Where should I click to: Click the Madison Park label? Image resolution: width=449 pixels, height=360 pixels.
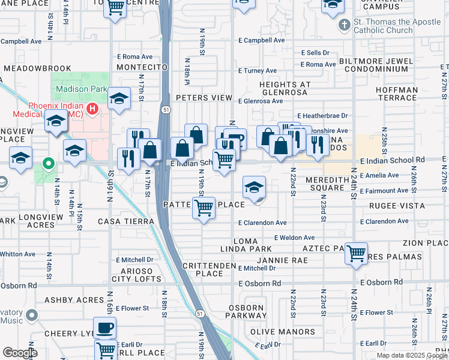[76, 89]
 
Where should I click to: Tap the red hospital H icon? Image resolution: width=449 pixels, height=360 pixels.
[92, 109]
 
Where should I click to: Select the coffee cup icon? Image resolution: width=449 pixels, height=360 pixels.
[105, 328]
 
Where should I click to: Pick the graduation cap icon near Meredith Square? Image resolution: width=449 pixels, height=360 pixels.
[254, 188]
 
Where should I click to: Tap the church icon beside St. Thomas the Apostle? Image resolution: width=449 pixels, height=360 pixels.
[344, 26]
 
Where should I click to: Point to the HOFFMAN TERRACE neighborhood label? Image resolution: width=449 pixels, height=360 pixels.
[396, 93]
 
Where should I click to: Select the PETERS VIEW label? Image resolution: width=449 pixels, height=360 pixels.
[203, 98]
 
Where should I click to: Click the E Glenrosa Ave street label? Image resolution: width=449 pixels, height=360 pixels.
[260, 101]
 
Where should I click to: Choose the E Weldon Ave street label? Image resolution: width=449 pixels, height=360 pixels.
[294, 238]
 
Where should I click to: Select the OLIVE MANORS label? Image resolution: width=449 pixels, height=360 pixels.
[282, 332]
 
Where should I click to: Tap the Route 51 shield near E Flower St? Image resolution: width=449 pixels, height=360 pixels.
[199, 314]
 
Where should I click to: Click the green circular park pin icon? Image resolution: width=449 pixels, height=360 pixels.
[47, 163]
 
